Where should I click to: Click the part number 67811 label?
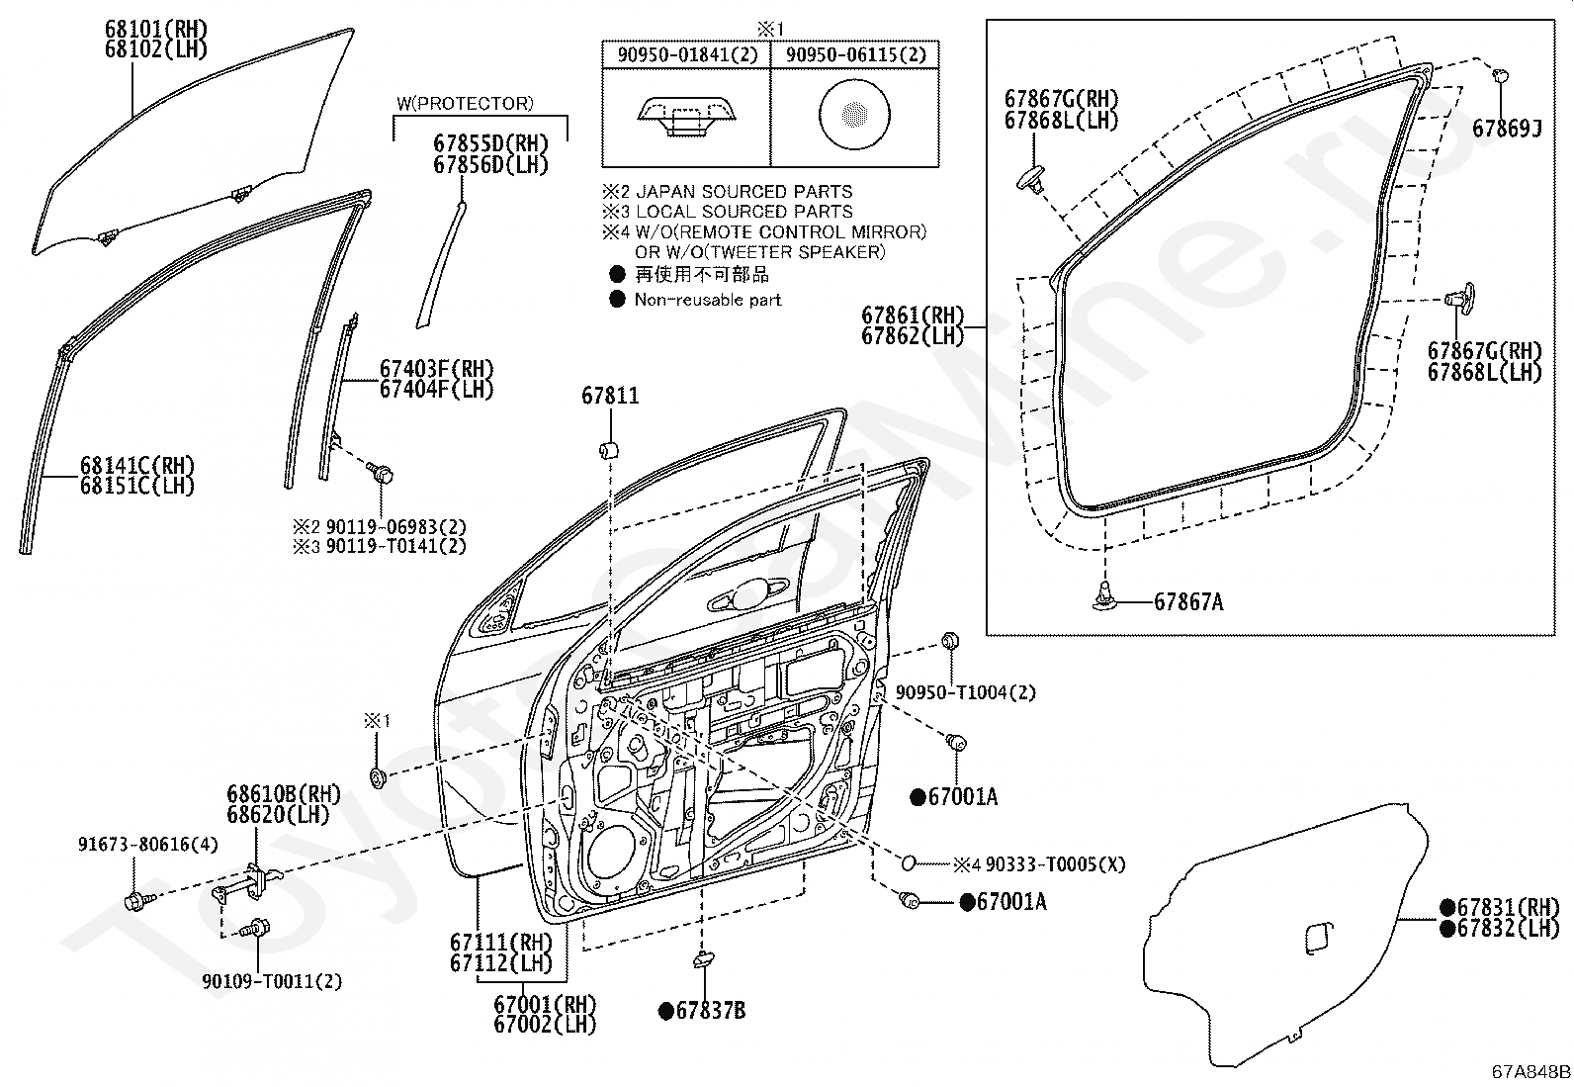610,397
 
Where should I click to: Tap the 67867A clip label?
1188,601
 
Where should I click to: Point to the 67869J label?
1507,129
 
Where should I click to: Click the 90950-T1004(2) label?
966,692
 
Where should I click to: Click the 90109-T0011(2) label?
259,982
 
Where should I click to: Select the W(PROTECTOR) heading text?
465,103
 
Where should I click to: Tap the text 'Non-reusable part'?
708,300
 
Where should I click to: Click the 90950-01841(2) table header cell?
687,55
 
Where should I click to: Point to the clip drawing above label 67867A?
1103,593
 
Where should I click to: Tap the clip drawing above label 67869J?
1499,74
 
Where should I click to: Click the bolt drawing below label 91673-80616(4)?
134,900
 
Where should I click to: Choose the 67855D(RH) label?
490,143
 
